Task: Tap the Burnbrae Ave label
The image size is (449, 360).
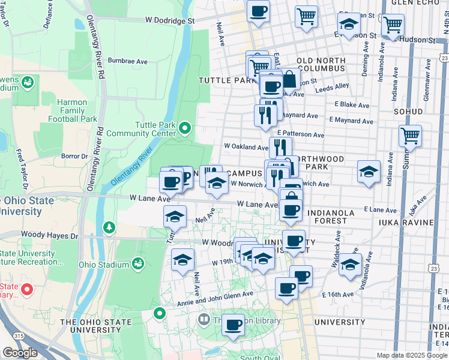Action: [x=128, y=61]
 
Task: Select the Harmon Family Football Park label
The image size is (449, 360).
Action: [x=77, y=110]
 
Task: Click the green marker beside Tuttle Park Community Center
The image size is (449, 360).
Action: [x=185, y=128]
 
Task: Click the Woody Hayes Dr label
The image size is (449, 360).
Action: [x=49, y=236]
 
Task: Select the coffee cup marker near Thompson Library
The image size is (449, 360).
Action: [x=233, y=325]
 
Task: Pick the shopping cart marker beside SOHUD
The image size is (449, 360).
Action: [x=411, y=136]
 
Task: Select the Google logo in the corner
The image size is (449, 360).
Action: [x=20, y=353]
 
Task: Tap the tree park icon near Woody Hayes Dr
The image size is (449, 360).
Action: [x=109, y=227]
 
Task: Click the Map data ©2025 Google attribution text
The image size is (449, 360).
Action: [x=411, y=355]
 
